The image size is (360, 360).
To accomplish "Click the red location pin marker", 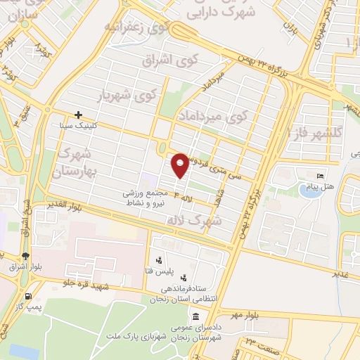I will (180, 165).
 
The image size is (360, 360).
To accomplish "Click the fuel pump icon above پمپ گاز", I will (28, 297).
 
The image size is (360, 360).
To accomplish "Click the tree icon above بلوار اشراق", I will (26, 256).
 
